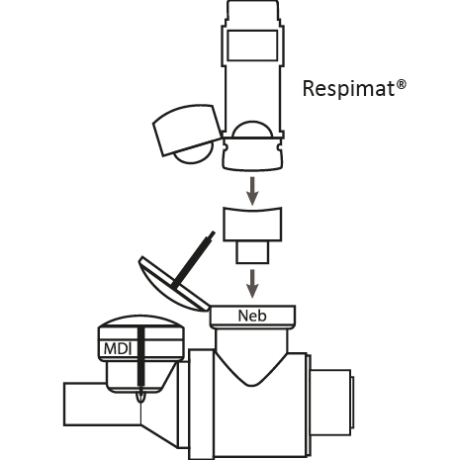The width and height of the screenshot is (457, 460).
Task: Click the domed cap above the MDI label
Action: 140,329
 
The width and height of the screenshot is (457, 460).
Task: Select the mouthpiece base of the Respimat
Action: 253,154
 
